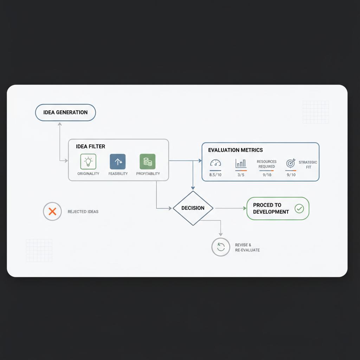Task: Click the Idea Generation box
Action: point(65,112)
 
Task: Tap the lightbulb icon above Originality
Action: point(88,162)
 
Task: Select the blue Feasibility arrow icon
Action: point(118,162)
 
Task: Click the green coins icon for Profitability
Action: point(148,162)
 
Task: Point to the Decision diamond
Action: point(193,208)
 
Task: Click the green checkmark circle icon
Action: point(299,208)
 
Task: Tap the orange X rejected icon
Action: point(52,212)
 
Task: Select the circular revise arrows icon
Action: point(221,247)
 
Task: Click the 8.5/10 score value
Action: point(216,175)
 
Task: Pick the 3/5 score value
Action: point(241,175)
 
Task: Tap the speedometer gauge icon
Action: point(216,163)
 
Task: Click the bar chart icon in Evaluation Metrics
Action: point(241,163)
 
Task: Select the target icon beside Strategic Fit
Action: point(291,163)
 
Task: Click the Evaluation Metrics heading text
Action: point(236,150)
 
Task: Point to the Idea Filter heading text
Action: point(90,146)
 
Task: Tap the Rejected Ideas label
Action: point(83,212)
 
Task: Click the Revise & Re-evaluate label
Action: point(247,247)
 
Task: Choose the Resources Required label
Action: point(267,164)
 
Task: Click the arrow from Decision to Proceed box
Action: point(230,208)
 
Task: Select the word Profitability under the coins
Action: point(148,174)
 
